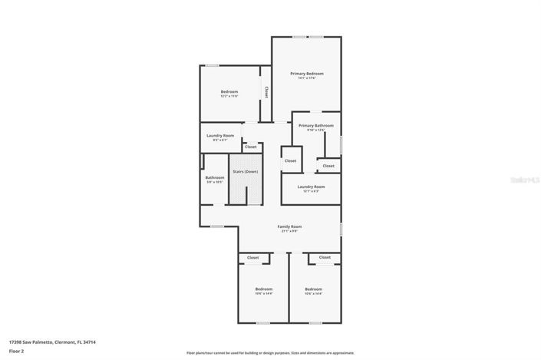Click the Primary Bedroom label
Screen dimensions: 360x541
click(306, 74)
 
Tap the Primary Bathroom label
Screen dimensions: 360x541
click(315, 125)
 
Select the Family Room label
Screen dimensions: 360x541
click(289, 226)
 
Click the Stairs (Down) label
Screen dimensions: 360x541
click(245, 171)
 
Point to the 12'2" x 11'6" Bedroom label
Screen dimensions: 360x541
click(229, 91)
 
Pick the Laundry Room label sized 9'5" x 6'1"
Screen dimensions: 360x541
click(219, 135)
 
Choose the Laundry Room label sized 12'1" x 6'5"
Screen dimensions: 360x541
click(311, 187)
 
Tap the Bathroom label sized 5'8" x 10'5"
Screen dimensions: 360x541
click(214, 177)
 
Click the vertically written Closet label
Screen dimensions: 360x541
click(266, 92)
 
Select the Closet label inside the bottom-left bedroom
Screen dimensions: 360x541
click(252, 257)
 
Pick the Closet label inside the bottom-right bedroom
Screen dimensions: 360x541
click(325, 257)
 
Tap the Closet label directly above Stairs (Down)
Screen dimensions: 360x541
click(250, 146)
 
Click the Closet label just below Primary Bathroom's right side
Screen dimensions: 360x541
click(328, 165)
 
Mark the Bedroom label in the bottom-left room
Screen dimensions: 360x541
click(263, 289)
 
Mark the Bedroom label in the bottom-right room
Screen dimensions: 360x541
click(313, 289)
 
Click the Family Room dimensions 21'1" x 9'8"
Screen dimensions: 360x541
click(289, 231)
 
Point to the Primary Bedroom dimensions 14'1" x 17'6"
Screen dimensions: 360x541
click(306, 78)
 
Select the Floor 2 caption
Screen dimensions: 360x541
click(16, 351)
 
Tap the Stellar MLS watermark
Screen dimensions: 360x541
click(525, 179)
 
